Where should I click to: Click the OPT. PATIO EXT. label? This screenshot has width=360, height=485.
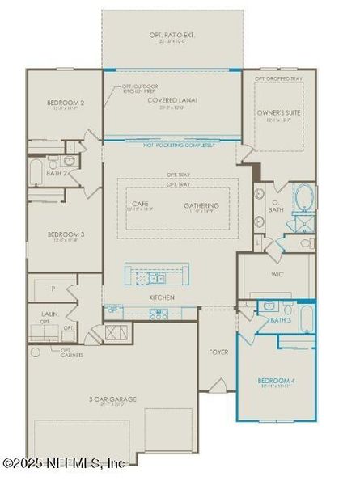172,36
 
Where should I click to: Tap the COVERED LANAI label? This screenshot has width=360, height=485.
172,100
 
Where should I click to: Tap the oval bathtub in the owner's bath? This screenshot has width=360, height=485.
303,197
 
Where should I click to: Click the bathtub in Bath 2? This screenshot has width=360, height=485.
36,172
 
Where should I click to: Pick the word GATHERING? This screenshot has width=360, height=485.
201,205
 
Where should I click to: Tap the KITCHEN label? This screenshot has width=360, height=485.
162,297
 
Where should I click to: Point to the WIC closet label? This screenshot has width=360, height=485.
276,275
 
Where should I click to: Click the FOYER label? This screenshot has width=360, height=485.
218,352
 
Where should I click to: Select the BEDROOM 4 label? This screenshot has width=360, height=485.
276,380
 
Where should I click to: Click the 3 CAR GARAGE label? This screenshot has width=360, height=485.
112,399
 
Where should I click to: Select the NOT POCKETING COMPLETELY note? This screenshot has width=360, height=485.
172,145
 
